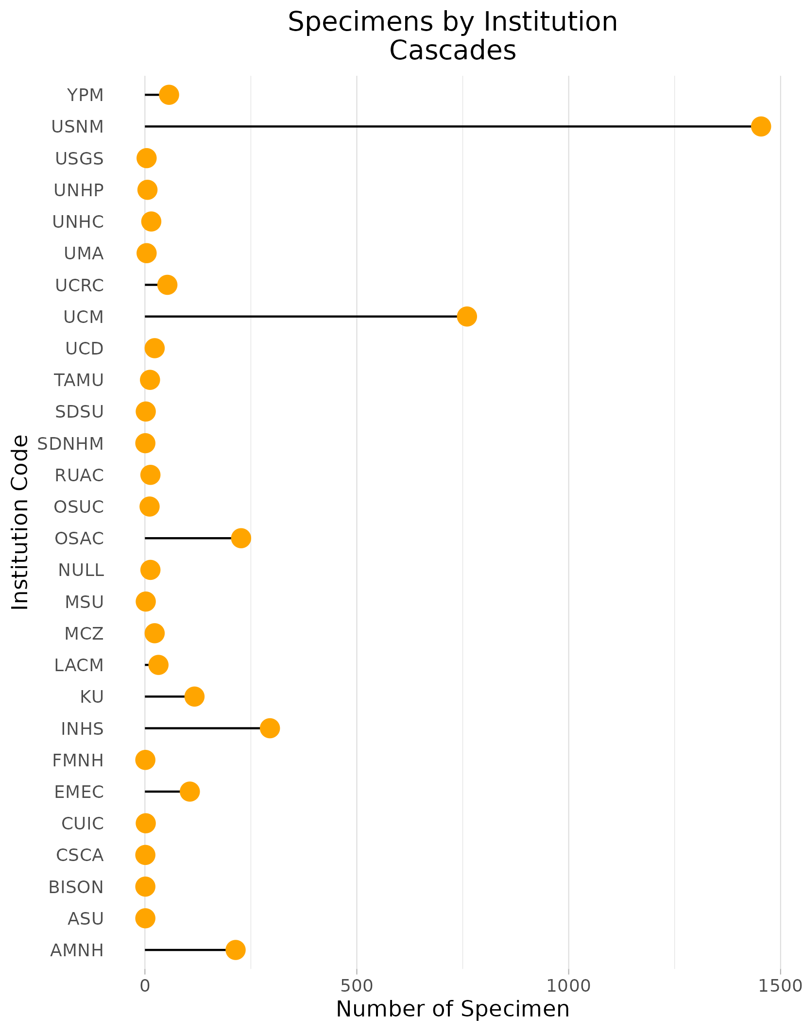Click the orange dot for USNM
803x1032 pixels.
(761, 127)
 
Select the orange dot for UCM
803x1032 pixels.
(467, 317)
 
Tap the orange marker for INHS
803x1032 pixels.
(270, 728)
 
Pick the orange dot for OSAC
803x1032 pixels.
(241, 538)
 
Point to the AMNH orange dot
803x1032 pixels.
(236, 949)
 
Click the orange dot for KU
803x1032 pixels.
(194, 696)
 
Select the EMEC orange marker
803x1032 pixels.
(189, 792)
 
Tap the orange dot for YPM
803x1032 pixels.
(169, 95)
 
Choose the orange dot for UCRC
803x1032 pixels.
(167, 285)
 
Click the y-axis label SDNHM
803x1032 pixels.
(70, 444)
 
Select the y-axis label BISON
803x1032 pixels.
(76, 887)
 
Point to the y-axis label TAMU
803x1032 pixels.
(79, 380)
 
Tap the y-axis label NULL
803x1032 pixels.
(81, 570)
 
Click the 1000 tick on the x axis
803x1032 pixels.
(568, 986)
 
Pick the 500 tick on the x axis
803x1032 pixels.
(357, 986)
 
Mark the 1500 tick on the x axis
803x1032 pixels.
(780, 986)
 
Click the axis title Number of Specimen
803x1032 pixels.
(452, 1009)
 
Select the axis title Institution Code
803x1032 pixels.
(20, 522)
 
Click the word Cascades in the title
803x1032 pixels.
(452, 51)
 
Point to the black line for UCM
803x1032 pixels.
(301, 317)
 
